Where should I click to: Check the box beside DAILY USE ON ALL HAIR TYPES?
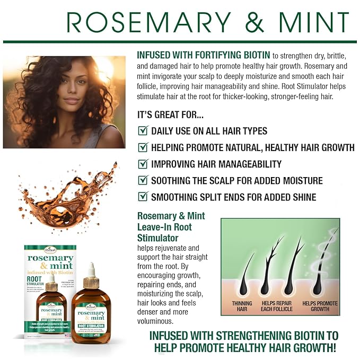point(142,130)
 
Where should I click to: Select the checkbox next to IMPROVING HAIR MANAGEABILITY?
point(142,164)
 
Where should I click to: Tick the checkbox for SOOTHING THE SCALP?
point(142,180)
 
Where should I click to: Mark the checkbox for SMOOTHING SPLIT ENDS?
point(142,197)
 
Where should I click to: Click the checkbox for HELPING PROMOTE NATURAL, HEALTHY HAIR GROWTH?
point(142,147)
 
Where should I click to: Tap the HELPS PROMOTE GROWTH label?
point(320,306)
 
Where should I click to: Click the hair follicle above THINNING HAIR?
point(245,276)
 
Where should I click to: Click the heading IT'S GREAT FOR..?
point(170,114)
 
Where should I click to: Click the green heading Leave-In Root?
point(164,226)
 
